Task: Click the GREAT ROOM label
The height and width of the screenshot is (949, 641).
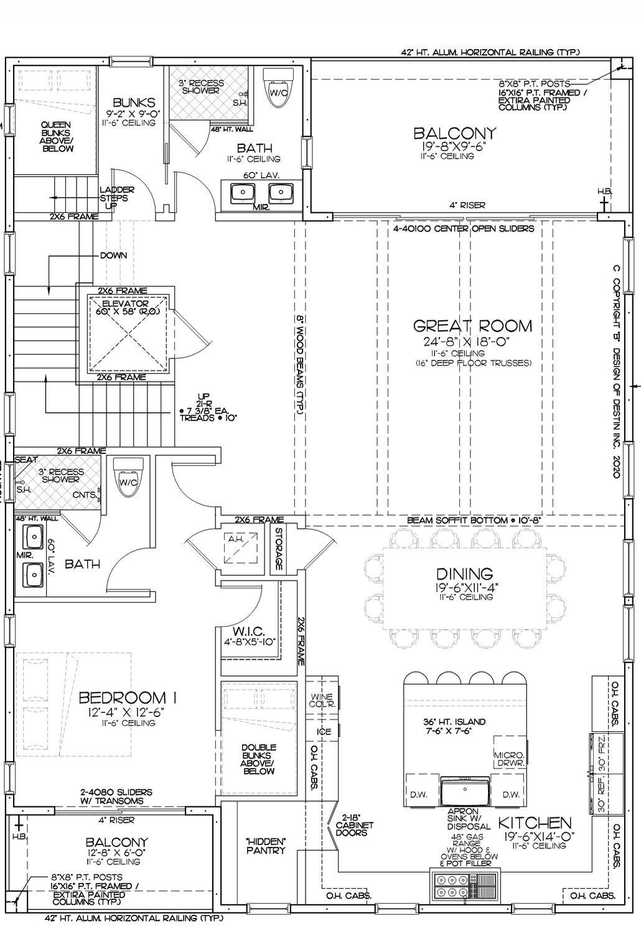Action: [472, 326]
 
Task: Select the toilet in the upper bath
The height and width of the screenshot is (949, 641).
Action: [279, 85]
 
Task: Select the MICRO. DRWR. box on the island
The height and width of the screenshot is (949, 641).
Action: [510, 757]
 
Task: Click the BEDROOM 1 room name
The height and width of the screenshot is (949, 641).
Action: [128, 698]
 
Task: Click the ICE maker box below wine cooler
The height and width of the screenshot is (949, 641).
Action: [324, 731]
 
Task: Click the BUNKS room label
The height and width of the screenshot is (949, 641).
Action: [134, 103]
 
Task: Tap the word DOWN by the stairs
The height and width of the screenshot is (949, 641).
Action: [113, 255]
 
